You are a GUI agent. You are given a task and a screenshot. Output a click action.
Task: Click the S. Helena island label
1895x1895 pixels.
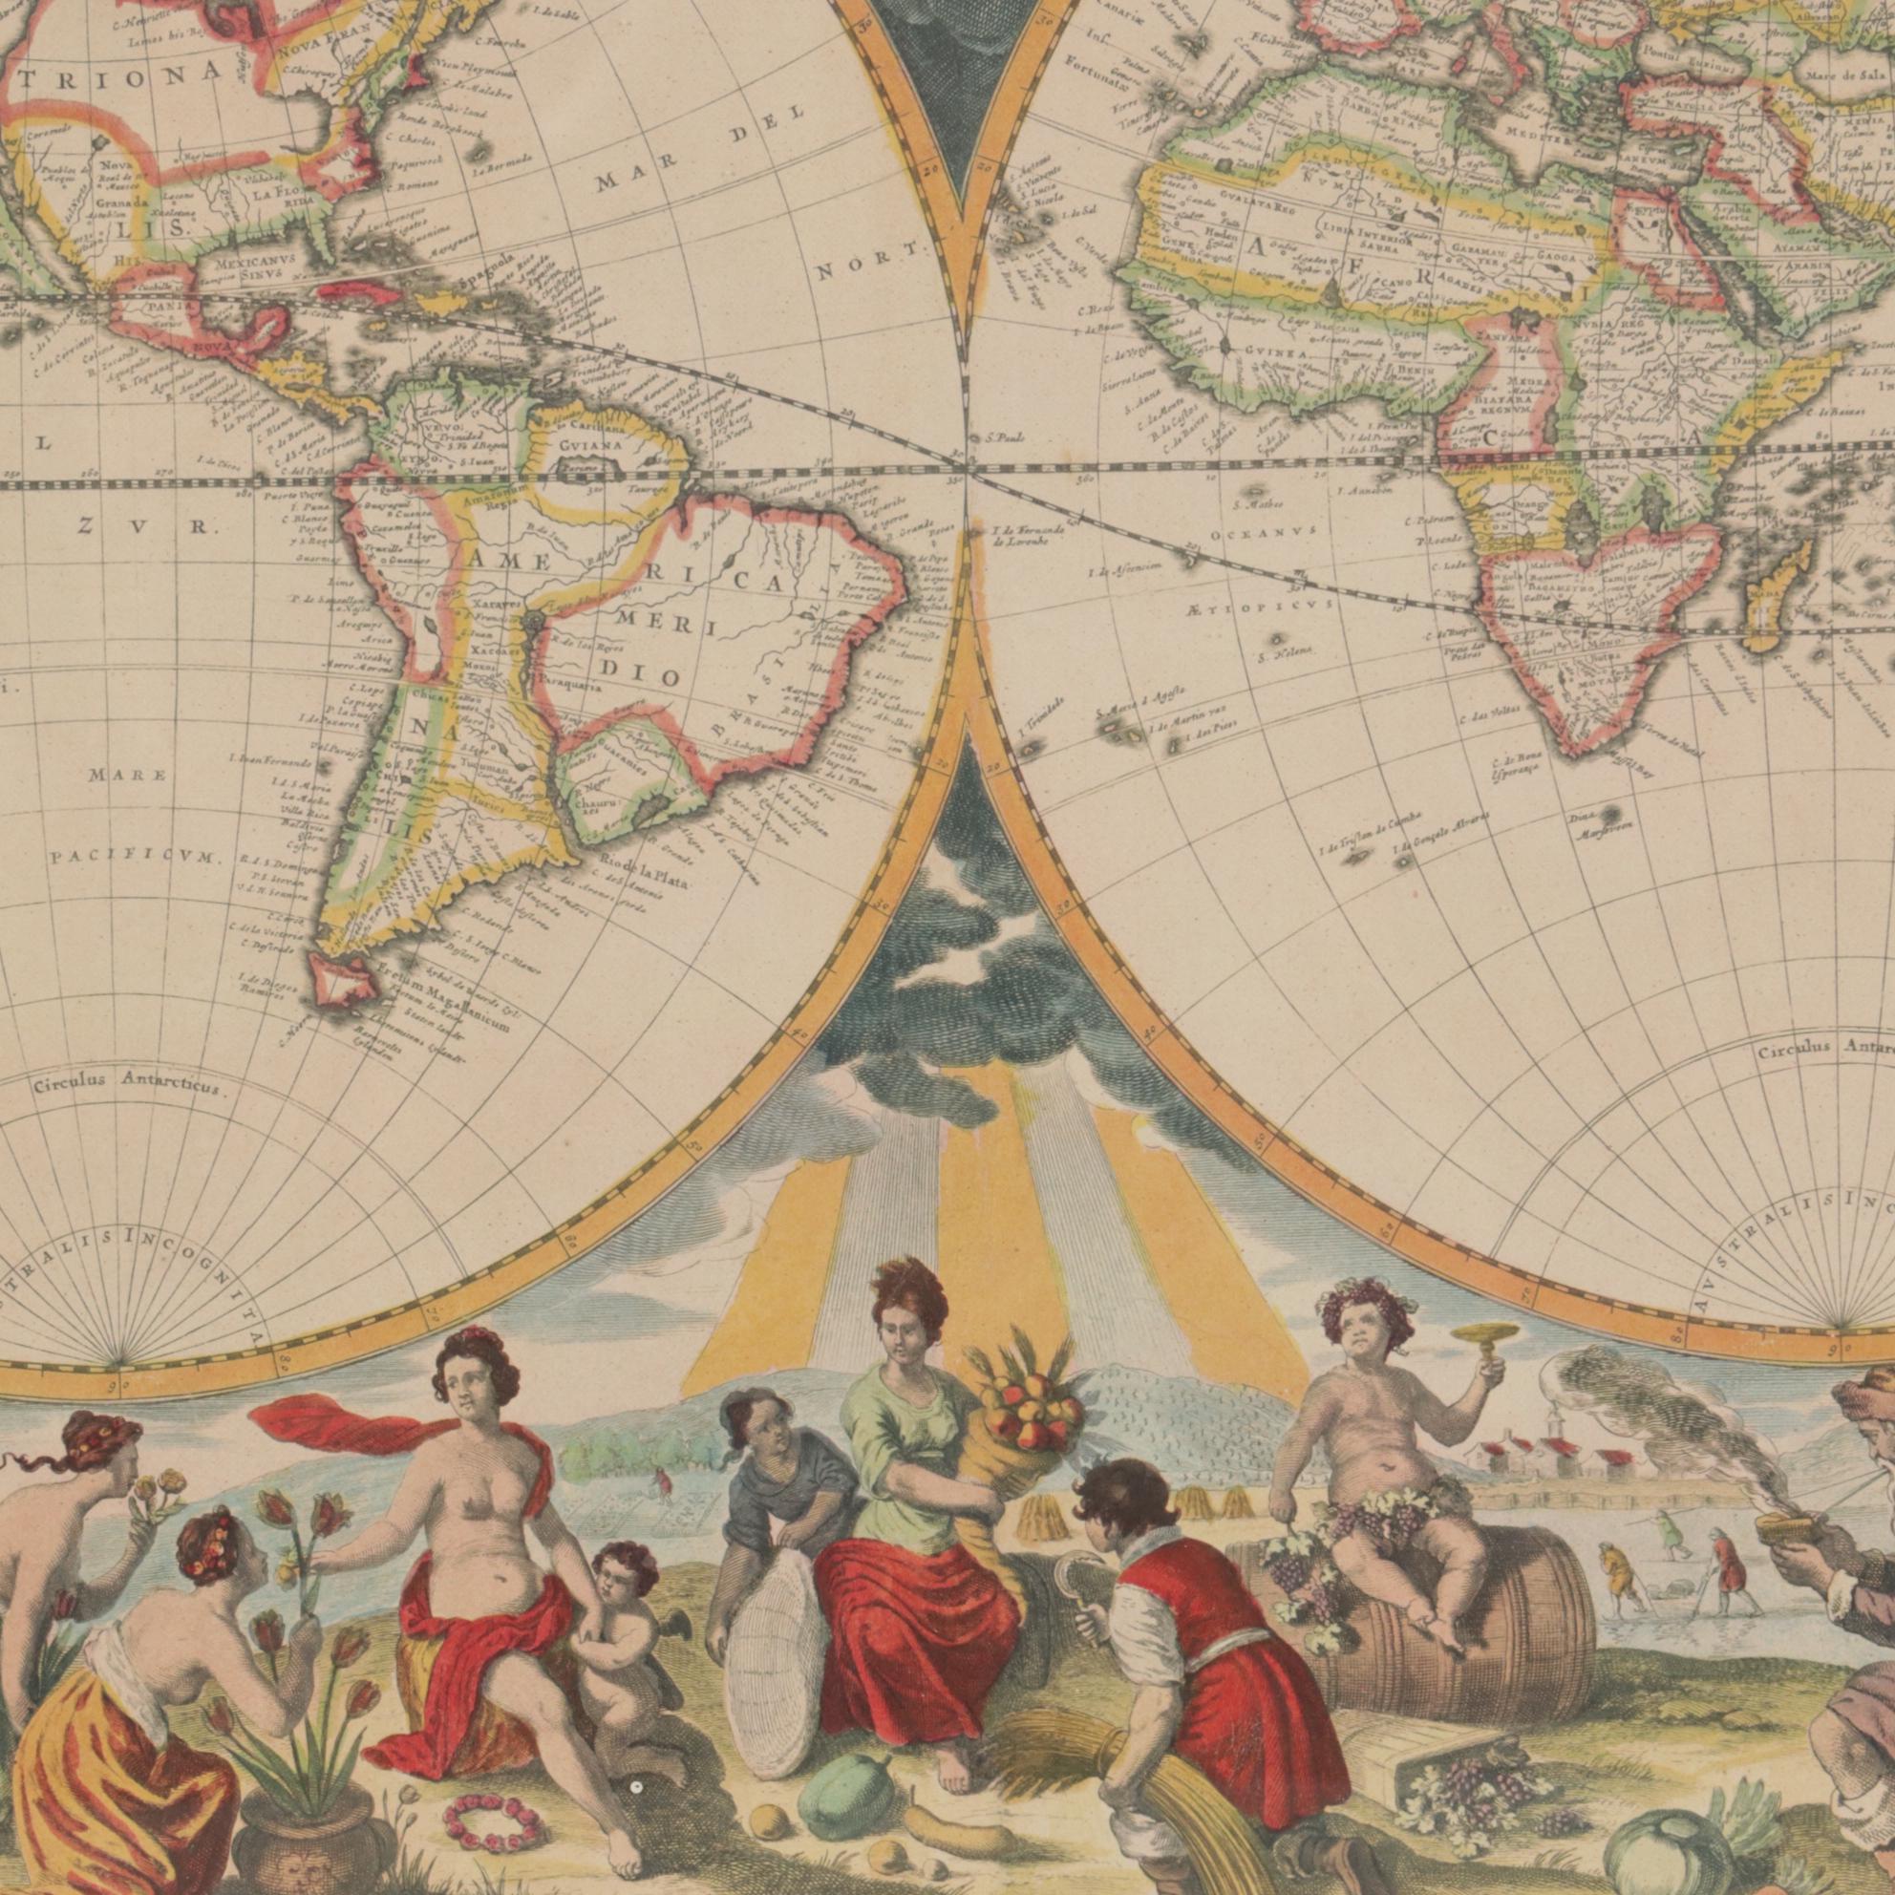click(x=1289, y=653)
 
